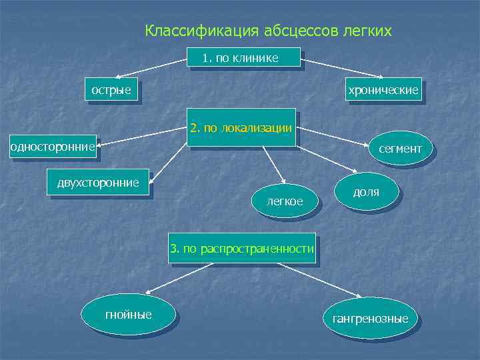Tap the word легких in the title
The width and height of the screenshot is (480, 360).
[x=366, y=31]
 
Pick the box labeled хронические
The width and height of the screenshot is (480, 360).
[x=383, y=89]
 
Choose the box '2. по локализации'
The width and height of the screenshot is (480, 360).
[x=241, y=127]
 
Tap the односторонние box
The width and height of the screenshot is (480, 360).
[x=53, y=146]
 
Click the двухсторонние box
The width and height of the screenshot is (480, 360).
[x=98, y=182]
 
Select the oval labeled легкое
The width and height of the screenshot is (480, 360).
[x=285, y=200]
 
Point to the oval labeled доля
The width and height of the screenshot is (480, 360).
[x=366, y=192]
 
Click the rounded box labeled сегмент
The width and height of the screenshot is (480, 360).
[x=400, y=149]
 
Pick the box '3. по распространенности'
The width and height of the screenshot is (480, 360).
[x=241, y=249]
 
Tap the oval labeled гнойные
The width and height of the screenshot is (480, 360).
[x=129, y=314]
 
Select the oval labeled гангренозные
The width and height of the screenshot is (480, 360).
[x=371, y=319]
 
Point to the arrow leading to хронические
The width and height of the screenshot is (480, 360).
[x=340, y=69]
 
